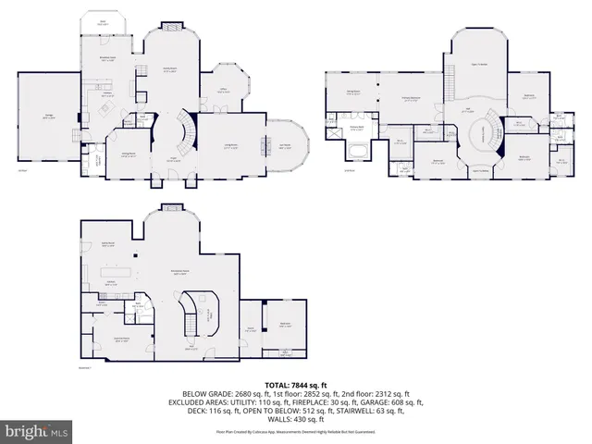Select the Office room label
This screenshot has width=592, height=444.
point(222,90)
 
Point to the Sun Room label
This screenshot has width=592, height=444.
point(286,145)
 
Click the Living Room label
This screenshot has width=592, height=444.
point(230,146)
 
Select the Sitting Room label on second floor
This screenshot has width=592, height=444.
point(352,91)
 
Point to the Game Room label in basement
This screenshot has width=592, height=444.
point(107,245)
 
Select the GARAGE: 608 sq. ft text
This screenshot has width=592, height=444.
point(389,402)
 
